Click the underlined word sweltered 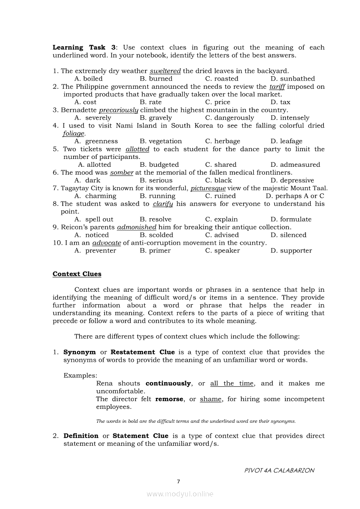coord(165,71)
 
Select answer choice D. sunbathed coord(292,79)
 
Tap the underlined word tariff coord(277,87)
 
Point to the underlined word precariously coord(119,110)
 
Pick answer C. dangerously coord(229,118)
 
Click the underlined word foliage coord(74,134)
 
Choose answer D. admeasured coord(295,165)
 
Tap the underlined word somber coord(122,173)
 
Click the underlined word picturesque coord(208,189)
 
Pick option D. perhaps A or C coord(295,196)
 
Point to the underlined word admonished coord(136,227)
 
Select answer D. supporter coord(291,251)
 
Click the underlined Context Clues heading coord(77,274)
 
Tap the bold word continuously coord(168,384)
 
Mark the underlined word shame coord(211,399)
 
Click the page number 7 coord(178,482)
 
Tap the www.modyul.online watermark coord(180,494)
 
